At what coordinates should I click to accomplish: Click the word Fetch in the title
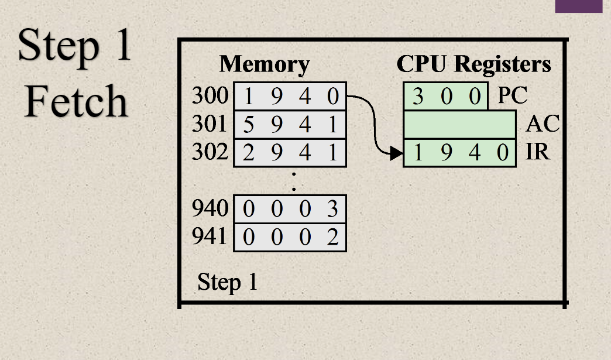tap(76, 101)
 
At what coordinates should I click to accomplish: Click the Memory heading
tap(264, 64)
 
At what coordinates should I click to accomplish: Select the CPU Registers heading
tap(473, 64)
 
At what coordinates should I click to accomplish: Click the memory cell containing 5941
tap(290, 125)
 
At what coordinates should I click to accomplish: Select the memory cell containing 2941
tap(290, 153)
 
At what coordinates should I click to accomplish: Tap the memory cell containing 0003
tap(290, 209)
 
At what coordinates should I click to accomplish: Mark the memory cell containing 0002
tap(290, 237)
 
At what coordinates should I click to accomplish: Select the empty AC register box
tap(459, 125)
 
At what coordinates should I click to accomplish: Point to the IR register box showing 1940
tap(459, 153)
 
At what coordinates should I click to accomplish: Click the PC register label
tap(512, 96)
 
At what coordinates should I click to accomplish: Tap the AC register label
tap(543, 124)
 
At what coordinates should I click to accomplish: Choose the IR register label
tap(537, 153)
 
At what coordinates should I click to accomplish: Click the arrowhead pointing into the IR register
tap(397, 154)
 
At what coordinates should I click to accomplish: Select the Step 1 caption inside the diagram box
tap(228, 282)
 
